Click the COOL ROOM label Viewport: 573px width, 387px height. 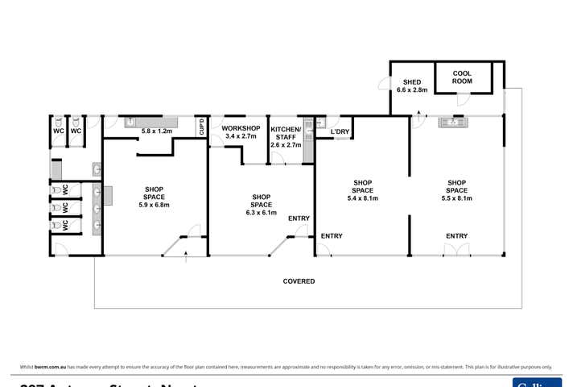coord(461,77)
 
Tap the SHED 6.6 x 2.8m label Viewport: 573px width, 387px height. coord(410,85)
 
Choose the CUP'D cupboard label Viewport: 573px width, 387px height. coord(201,127)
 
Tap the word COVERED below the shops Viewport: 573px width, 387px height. coord(299,281)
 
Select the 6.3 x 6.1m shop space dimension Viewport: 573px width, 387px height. coord(261,213)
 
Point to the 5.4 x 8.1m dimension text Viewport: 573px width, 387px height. coord(362,198)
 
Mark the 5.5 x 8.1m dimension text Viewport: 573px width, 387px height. coord(456,198)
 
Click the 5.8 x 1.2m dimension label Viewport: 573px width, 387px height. coord(157,130)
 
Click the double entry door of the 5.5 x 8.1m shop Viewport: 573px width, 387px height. coord(457,249)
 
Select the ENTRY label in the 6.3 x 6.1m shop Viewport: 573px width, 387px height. coord(299,218)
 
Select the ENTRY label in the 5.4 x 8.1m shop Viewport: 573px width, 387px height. coord(332,236)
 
